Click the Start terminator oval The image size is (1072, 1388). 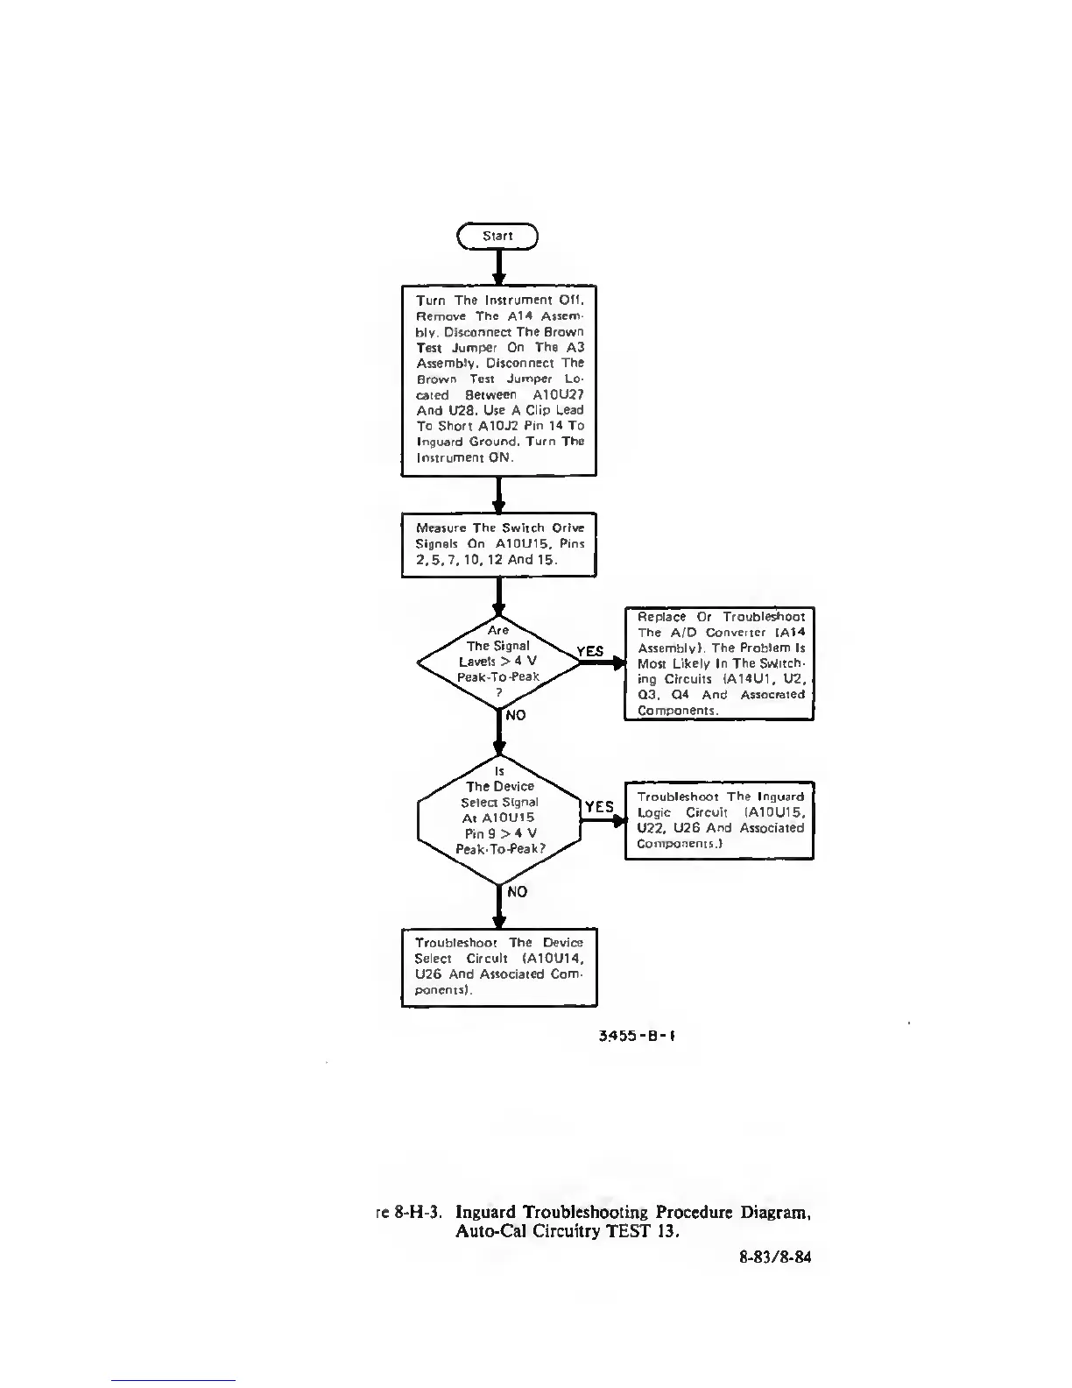[497, 236]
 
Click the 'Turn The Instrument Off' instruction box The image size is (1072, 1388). [498, 379]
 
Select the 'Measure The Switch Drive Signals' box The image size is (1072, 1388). [498, 544]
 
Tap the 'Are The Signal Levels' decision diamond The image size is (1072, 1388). [498, 662]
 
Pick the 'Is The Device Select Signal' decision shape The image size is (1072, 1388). [499, 818]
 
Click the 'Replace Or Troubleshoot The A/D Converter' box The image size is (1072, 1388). [719, 663]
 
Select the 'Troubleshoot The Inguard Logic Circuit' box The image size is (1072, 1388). [719, 820]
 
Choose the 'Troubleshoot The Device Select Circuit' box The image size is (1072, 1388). [498, 967]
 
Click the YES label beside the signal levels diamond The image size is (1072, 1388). [589, 651]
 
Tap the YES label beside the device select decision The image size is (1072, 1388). [599, 807]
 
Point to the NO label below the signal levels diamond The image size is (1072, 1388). [516, 715]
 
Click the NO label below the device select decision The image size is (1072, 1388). [517, 891]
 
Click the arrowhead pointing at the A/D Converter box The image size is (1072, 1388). [618, 663]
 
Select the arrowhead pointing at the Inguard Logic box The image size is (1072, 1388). [619, 820]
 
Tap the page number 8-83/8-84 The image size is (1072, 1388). [775, 1257]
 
